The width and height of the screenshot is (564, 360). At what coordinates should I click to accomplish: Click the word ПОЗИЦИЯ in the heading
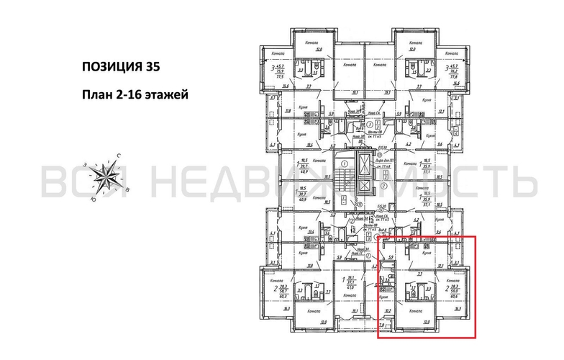109,68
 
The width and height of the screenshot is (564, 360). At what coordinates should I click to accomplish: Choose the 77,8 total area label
454,75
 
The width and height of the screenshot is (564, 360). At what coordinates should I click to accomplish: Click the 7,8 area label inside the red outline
383,326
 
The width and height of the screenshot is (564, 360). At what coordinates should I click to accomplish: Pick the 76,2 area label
454,70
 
